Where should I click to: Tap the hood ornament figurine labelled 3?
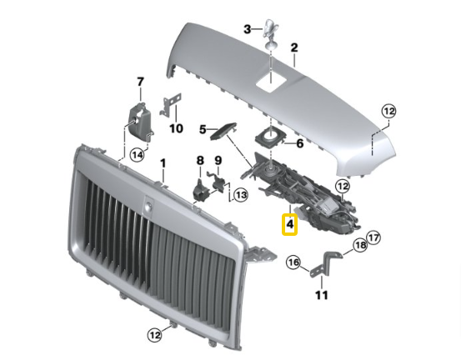272,32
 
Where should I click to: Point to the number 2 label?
293,60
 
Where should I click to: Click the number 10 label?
175,128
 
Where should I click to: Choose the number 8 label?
199,160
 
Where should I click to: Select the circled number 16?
293,263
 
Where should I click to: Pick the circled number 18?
359,245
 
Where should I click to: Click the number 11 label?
322,295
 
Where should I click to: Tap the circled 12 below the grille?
153,334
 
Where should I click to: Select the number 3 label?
247,29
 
